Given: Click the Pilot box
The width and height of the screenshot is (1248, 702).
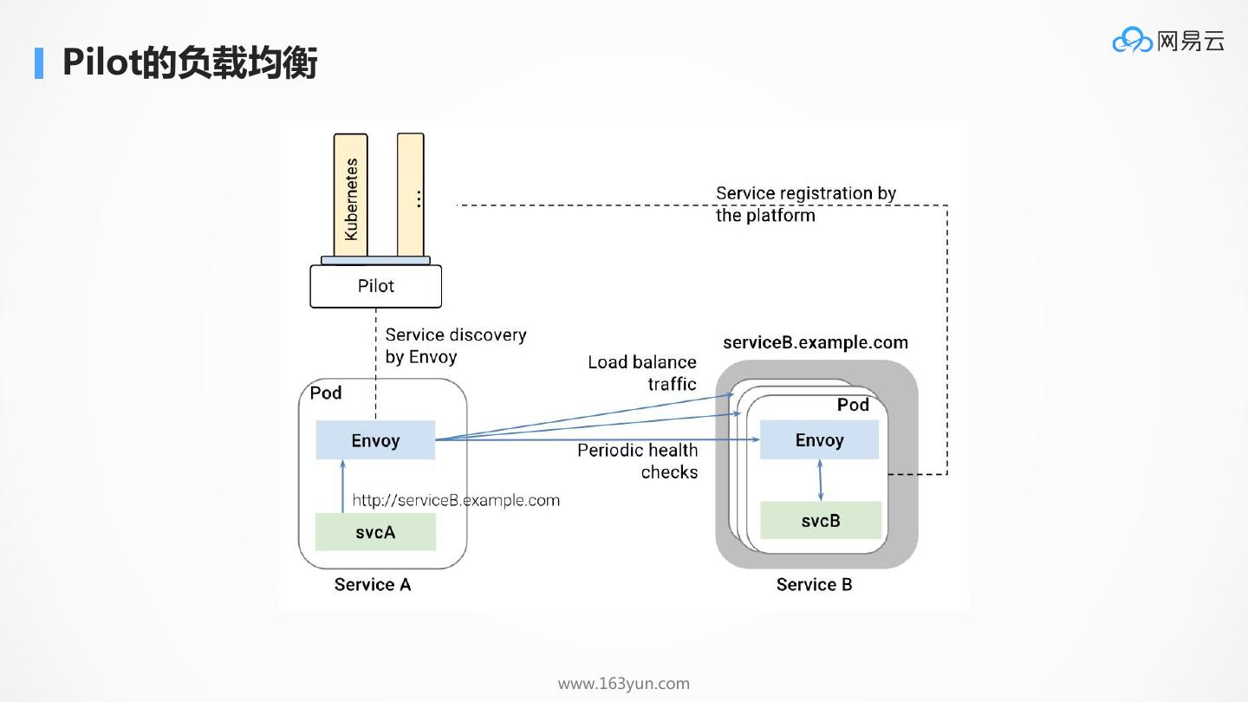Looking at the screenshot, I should (375, 286).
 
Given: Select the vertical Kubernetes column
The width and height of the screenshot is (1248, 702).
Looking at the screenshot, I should (350, 196).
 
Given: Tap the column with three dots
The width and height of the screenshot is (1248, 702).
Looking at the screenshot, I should (411, 196).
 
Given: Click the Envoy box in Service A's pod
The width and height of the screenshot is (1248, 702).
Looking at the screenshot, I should (375, 440).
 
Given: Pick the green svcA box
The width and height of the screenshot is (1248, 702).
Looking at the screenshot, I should (375, 532).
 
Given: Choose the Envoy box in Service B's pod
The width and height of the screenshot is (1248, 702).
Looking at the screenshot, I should (819, 440).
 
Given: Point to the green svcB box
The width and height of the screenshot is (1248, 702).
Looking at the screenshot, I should (820, 520).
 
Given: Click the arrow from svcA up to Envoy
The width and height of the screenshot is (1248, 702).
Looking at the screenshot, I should (342, 486).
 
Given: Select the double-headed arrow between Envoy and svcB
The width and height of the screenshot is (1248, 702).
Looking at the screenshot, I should (820, 480).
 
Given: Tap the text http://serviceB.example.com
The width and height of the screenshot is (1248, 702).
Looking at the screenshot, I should (456, 500).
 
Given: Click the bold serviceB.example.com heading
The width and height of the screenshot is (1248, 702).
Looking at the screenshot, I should (815, 342).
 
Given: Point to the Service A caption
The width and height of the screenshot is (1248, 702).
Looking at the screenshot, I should (373, 585).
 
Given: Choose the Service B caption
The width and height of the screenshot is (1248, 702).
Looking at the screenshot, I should (814, 585).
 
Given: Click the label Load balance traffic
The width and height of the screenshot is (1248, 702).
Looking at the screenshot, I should (642, 373).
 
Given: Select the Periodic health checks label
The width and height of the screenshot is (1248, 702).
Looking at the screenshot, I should (638, 461).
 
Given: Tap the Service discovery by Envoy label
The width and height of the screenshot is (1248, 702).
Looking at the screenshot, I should (456, 345).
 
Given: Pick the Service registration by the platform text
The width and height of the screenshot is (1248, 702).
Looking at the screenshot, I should (805, 204).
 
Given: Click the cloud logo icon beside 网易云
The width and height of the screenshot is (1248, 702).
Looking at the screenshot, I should (1132, 40).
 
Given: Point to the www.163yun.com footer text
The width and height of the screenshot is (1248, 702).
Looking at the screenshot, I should (624, 684).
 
